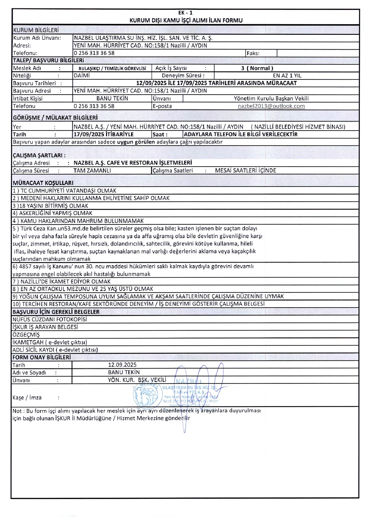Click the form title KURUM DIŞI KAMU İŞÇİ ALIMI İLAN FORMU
[186, 20]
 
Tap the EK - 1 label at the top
[185, 13]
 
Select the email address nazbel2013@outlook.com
[271, 106]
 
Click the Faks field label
[253, 53]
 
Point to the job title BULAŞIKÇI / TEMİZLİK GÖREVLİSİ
[112, 69]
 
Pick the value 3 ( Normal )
[257, 68]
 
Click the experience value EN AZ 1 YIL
[287, 76]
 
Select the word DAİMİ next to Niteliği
[82, 76]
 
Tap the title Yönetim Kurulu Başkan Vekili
[271, 98]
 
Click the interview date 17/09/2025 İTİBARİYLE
[104, 134]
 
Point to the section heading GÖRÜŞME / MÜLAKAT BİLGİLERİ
[55, 118]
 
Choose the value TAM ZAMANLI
[92, 171]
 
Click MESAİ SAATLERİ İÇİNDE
[245, 171]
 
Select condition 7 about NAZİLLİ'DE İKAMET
[62, 281]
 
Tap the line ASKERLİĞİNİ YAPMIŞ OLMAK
[53, 213]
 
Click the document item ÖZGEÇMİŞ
[26, 335]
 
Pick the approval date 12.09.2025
[122, 365]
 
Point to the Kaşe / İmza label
[27, 398]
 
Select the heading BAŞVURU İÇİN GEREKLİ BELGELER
[56, 312]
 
